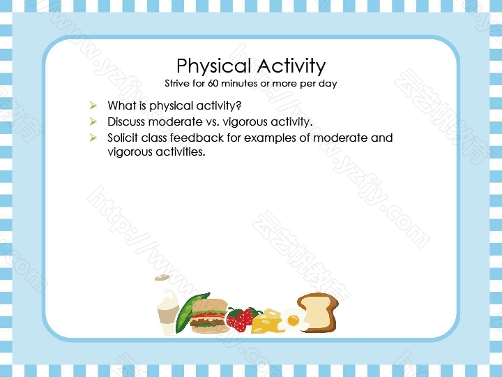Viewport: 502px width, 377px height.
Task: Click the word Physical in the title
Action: [x=213, y=66]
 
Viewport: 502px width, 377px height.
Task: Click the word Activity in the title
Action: [x=291, y=66]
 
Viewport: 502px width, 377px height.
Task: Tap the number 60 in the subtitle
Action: [x=213, y=83]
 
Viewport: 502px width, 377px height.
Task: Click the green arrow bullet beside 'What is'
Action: [x=93, y=105]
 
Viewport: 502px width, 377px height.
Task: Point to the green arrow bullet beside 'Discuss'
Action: [x=93, y=121]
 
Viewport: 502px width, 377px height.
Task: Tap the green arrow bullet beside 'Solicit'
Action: [x=93, y=138]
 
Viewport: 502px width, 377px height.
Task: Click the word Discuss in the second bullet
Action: [x=126, y=121]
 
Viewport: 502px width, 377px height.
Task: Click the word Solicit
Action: [x=123, y=138]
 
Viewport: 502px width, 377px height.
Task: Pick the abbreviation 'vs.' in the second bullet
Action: [x=213, y=122]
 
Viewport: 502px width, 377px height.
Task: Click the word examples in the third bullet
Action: [x=271, y=138]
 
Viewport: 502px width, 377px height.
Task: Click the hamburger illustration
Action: [x=208, y=316]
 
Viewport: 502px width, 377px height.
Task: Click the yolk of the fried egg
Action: [x=294, y=320]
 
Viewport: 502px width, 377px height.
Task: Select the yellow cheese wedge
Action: [x=266, y=322]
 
